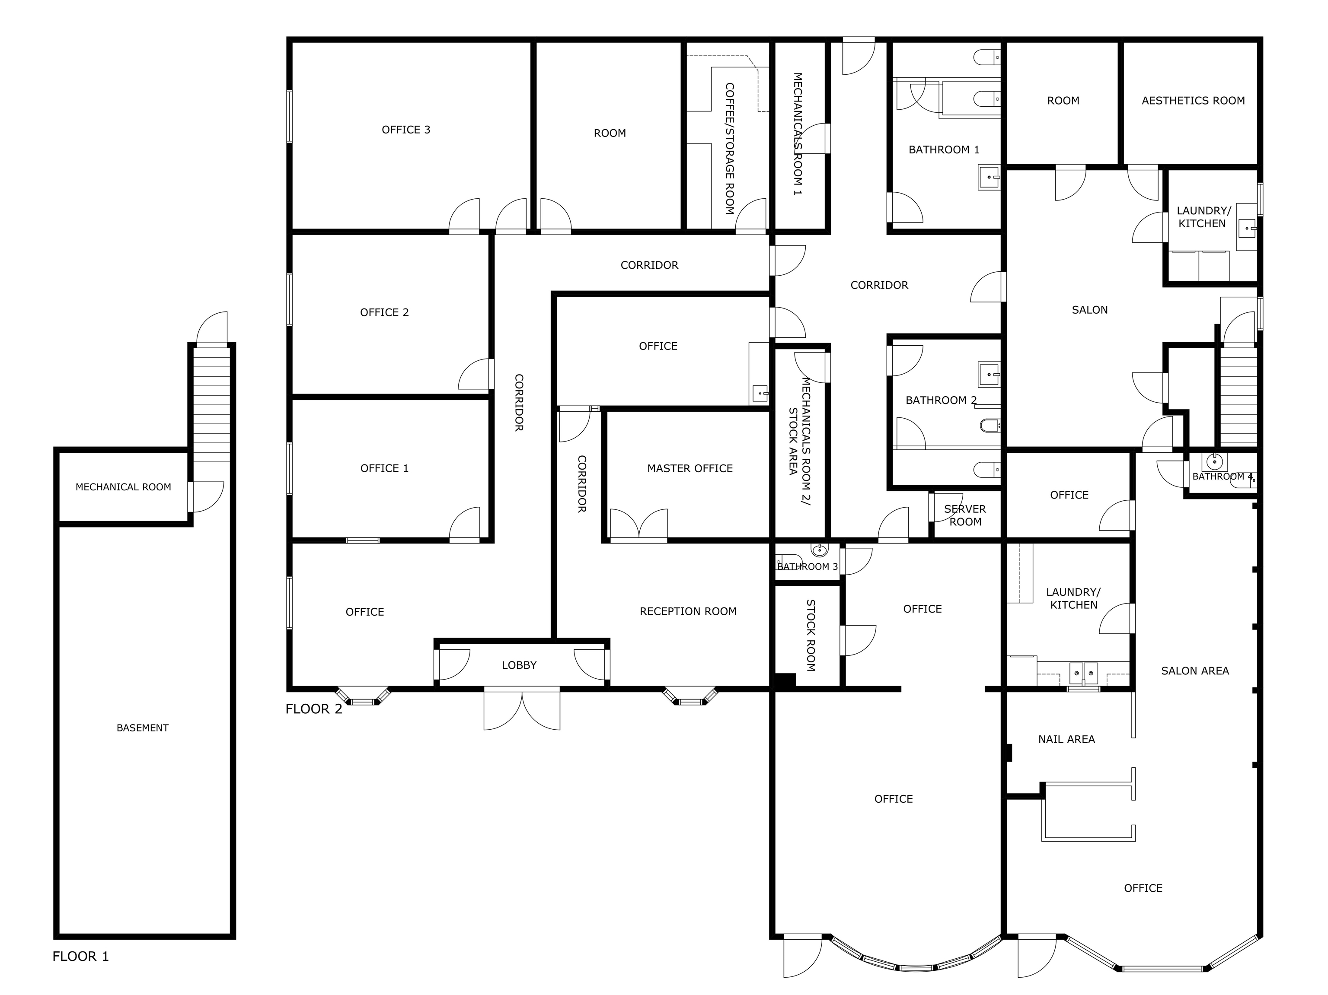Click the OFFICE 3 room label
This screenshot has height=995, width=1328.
[406, 130]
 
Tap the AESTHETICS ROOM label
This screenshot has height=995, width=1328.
[1193, 101]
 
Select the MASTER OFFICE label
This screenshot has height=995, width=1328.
[690, 468]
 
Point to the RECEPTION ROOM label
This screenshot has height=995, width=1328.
[688, 611]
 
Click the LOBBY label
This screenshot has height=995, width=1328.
[519, 665]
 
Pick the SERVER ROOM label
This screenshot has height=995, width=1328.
[965, 515]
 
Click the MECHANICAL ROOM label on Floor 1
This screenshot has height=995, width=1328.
[123, 487]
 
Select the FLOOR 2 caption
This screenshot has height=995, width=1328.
[313, 709]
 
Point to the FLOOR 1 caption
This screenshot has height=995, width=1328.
[80, 956]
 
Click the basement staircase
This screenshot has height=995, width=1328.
[212, 405]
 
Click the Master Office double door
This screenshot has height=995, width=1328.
[639, 525]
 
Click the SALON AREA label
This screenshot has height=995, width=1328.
[1195, 671]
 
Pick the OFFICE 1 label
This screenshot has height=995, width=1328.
[384, 468]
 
